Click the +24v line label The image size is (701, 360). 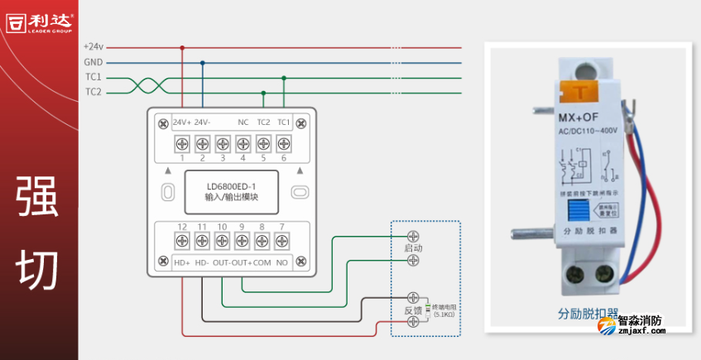[x=93, y=47]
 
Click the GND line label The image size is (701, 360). [x=93, y=62]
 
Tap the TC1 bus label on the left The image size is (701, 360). [x=93, y=77]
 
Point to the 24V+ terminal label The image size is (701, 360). [x=182, y=122]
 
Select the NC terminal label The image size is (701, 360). [x=243, y=122]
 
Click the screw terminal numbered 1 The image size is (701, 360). [x=182, y=143]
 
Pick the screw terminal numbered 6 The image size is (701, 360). [x=283, y=143]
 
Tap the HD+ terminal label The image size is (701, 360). [x=182, y=263]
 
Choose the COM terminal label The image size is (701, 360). [x=262, y=263]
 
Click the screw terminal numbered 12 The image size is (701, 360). [x=182, y=241]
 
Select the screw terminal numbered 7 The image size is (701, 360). [x=282, y=241]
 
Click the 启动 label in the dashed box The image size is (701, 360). [x=413, y=248]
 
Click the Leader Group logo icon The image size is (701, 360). [x=17, y=22]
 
